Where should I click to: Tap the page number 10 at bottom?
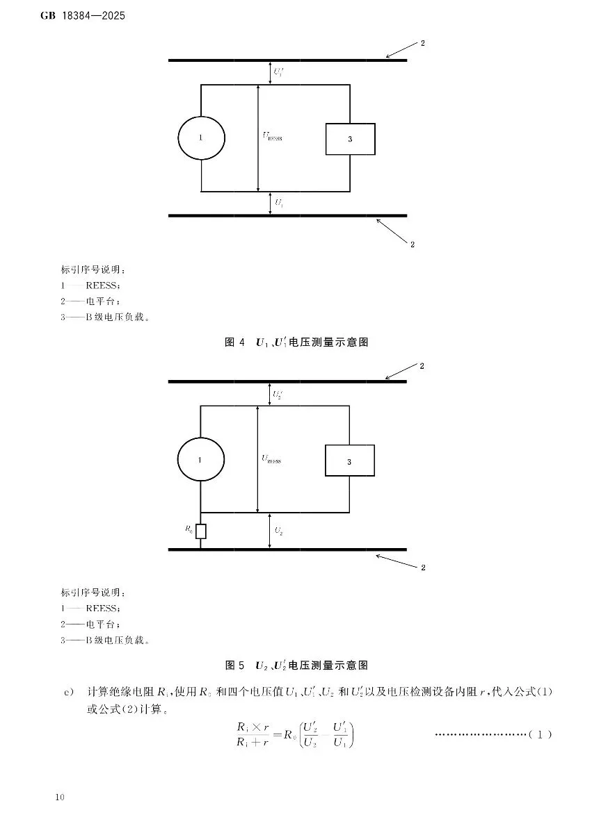[58, 797]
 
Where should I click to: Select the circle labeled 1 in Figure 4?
[201, 138]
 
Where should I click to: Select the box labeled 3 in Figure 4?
[350, 139]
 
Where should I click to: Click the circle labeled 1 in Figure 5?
[200, 460]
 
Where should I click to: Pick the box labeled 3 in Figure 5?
[349, 461]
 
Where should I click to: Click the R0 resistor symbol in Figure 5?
[200, 531]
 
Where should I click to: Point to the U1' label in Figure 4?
[278, 72]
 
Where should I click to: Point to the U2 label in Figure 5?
[278, 531]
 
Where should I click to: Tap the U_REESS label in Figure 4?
[272, 137]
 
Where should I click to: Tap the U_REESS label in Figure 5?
[271, 458]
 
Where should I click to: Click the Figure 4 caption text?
[296, 342]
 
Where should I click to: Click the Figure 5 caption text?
[296, 665]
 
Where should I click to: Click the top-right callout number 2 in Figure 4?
[422, 44]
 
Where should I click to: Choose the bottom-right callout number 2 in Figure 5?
[422, 568]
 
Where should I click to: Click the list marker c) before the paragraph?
[68, 692]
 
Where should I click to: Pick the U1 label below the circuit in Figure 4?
[278, 203]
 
